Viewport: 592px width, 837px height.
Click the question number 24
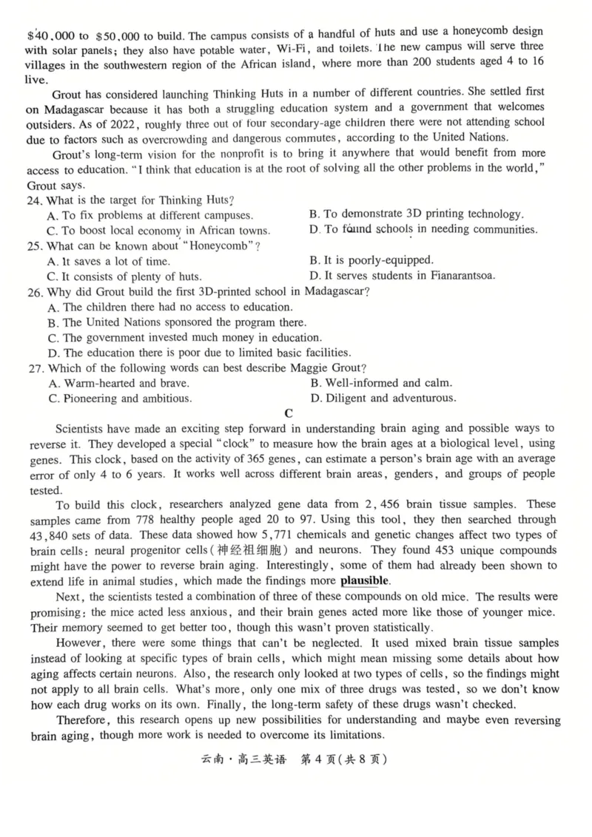(35, 200)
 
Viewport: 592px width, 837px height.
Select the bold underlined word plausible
(364, 580)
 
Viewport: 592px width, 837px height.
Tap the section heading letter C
(289, 413)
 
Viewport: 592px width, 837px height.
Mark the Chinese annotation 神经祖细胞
(249, 550)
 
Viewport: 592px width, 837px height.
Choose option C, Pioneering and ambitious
(118, 399)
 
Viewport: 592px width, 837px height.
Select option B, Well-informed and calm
(380, 383)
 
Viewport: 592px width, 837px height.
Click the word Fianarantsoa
(457, 276)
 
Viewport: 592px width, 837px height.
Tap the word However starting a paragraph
(81, 643)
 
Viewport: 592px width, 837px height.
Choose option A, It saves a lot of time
(108, 261)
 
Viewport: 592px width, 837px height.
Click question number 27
(35, 368)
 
